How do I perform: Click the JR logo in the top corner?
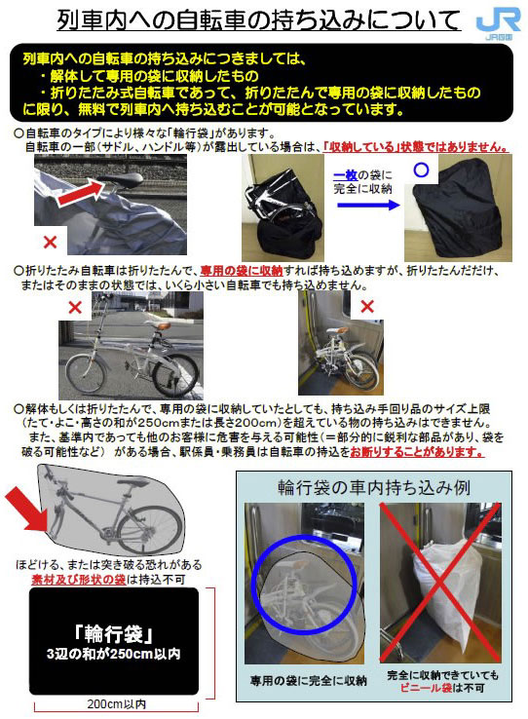tap(498, 23)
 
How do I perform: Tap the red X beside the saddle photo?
tap(50, 242)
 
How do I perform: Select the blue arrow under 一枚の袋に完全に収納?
tap(368, 205)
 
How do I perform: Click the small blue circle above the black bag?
tap(421, 170)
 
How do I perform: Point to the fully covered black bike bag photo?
tap(458, 208)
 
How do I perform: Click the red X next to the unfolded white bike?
tap(75, 307)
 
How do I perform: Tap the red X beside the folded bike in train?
tap(367, 306)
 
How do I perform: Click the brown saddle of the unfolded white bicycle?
tap(162, 325)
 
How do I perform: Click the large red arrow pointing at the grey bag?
tap(27, 509)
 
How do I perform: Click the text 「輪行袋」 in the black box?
tap(114, 634)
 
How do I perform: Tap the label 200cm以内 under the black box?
tap(117, 703)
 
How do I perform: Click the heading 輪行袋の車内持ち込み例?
tap(373, 487)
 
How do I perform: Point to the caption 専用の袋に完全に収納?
tap(308, 680)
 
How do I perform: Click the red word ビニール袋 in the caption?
tap(426, 688)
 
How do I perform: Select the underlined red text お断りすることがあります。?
tap(417, 452)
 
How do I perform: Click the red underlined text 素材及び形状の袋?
tap(78, 580)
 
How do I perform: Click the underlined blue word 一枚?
tap(346, 175)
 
